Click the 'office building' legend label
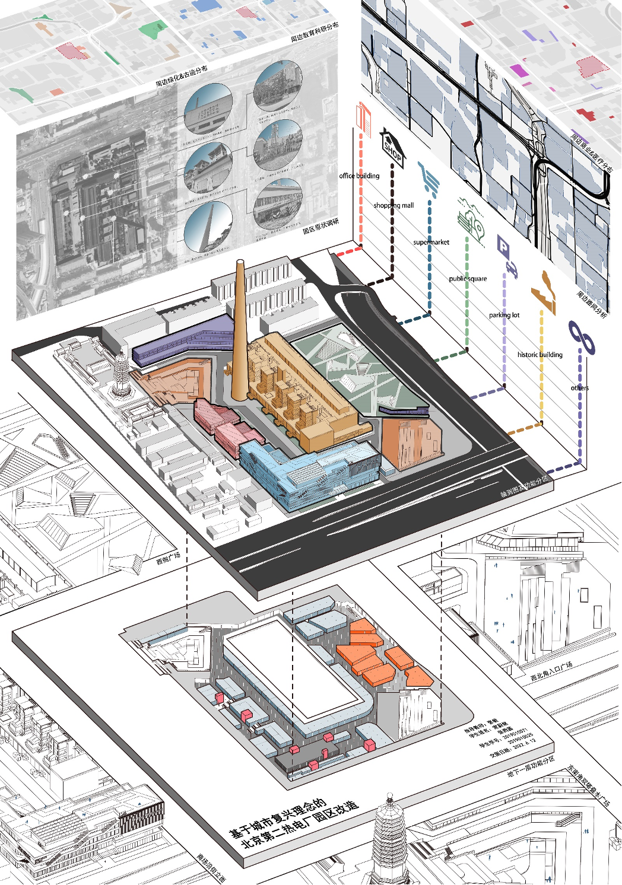click(359, 176)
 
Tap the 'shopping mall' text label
click(393, 205)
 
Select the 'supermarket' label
click(431, 242)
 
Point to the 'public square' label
click(468, 278)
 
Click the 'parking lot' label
click(504, 315)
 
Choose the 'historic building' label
click(540, 355)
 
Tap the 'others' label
click(579, 388)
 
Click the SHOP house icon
click(392, 148)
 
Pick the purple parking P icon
click(503, 246)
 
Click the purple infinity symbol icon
click(581, 338)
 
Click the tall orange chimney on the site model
click(239, 332)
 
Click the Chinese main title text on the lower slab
click(294, 822)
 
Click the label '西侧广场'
click(168, 558)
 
